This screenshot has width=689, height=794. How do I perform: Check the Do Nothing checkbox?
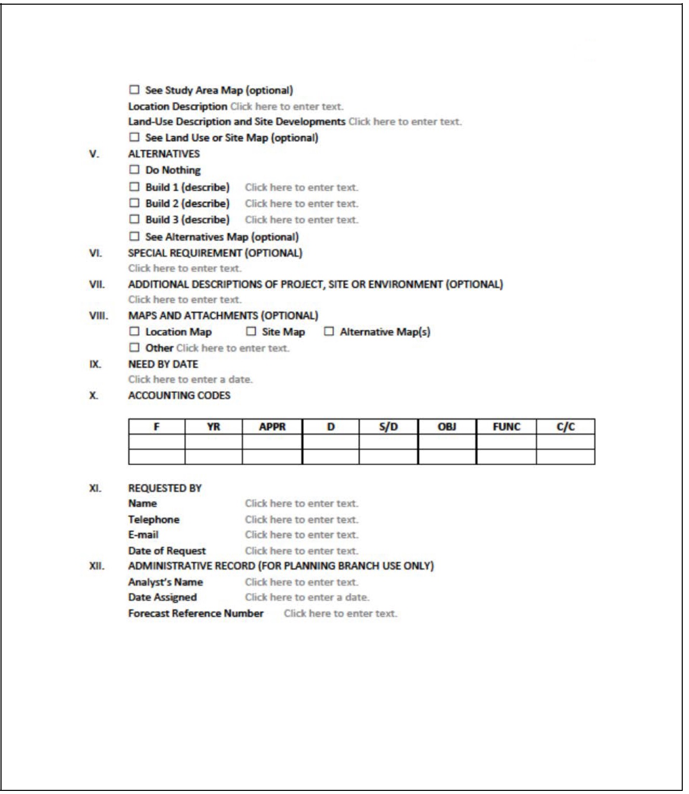135,170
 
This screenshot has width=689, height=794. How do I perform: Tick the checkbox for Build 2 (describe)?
135,203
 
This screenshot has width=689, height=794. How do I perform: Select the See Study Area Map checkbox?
135,90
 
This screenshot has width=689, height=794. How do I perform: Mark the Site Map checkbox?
252,332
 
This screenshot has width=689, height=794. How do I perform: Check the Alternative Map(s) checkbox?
329,332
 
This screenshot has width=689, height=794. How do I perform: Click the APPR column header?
272,427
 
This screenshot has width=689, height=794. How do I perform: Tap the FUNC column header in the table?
506,427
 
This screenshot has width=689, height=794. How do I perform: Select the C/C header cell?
566,427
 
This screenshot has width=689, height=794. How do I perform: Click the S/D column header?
388,427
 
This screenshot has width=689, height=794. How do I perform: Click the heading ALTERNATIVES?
164,154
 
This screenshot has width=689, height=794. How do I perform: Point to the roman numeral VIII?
99,315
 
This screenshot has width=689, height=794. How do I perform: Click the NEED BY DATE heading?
163,364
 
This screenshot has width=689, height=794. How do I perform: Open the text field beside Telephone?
302,519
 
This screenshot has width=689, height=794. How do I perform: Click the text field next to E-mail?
302,535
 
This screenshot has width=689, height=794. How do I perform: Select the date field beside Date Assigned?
307,598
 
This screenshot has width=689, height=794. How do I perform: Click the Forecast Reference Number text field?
340,614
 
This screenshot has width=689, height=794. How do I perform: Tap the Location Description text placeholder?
287,107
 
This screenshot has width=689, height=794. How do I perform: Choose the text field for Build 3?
302,220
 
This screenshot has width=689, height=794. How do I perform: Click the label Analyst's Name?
165,582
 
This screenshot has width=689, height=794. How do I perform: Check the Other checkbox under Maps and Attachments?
135,348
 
